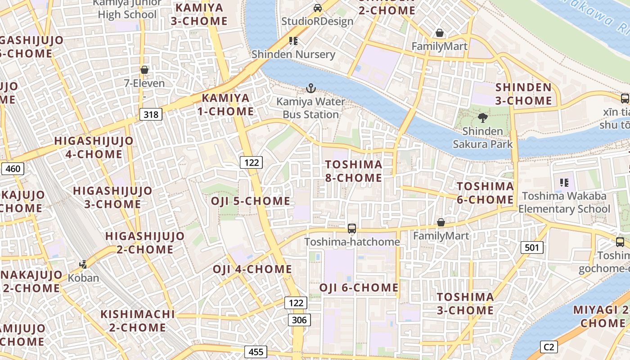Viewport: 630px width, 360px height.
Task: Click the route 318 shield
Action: pos(151,114)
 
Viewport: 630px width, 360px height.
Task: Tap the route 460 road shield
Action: pos(13,169)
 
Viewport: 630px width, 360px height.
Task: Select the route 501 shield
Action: pos(532,247)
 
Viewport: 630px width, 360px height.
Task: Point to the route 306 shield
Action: pos(299,320)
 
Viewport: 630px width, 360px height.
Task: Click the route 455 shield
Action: pos(256,351)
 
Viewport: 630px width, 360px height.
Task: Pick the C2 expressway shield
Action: pos(549,347)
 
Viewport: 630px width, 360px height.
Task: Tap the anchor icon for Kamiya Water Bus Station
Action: pos(310,88)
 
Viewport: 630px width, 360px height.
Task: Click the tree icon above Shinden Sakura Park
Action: pos(483,118)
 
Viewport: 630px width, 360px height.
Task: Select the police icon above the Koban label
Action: pos(83,265)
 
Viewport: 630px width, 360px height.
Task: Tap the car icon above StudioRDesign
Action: pos(318,8)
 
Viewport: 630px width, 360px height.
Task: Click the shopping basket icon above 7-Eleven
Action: pos(144,70)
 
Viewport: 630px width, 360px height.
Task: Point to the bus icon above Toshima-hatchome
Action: pos(352,229)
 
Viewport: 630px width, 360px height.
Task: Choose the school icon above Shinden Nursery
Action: pos(293,41)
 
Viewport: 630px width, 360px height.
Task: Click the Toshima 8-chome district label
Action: pos(354,171)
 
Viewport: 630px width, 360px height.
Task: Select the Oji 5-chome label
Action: pos(251,201)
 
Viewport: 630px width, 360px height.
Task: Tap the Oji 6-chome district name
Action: pos(359,288)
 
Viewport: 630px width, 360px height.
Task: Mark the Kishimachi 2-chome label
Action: pos(137,320)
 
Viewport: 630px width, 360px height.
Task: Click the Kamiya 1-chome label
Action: pos(225,104)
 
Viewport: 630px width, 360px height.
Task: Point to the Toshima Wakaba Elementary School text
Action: pos(564,202)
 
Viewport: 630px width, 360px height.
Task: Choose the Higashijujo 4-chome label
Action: pos(94,148)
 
